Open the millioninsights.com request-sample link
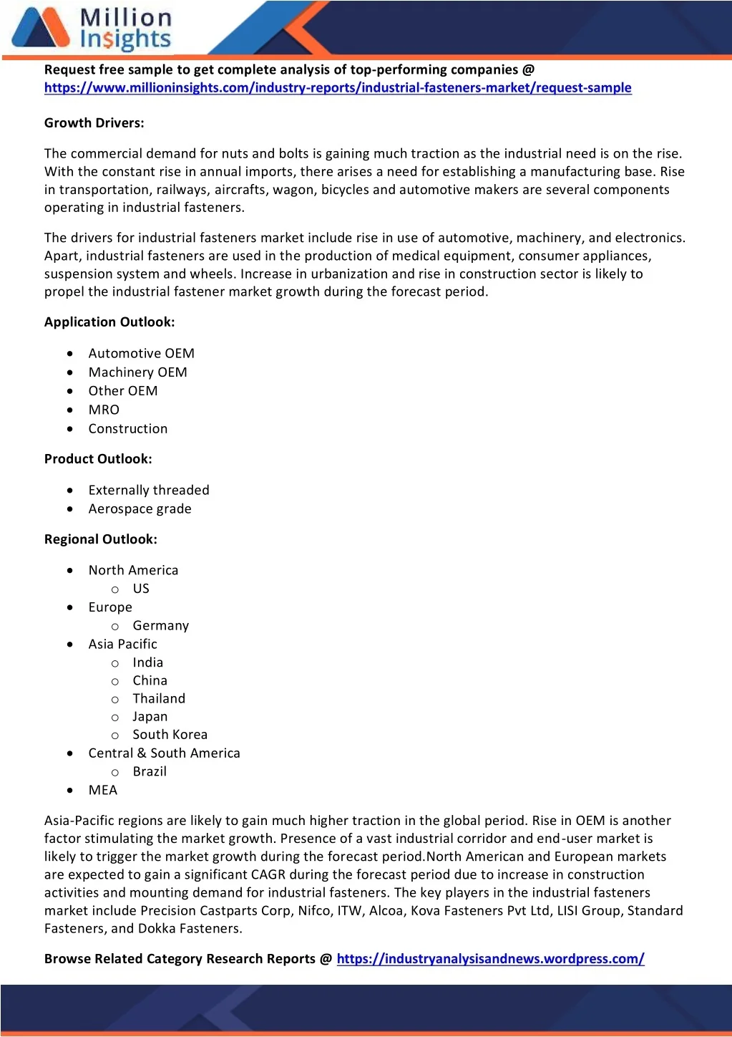tap(338, 88)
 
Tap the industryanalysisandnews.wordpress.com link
tap(490, 959)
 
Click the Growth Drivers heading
tap(94, 123)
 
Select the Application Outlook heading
tap(109, 322)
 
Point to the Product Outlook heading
tap(98, 459)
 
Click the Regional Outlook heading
tap(101, 539)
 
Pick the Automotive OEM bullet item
tap(142, 354)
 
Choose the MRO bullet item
tap(104, 410)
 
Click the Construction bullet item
tap(128, 429)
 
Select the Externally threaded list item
tap(149, 491)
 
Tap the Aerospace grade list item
tap(140, 509)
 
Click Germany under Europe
tap(161, 626)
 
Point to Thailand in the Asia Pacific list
tap(159, 699)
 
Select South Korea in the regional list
tap(170, 735)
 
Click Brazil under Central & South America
tap(150, 772)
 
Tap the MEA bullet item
tap(103, 791)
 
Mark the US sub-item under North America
tap(141, 589)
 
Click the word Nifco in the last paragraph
tap(314, 911)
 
